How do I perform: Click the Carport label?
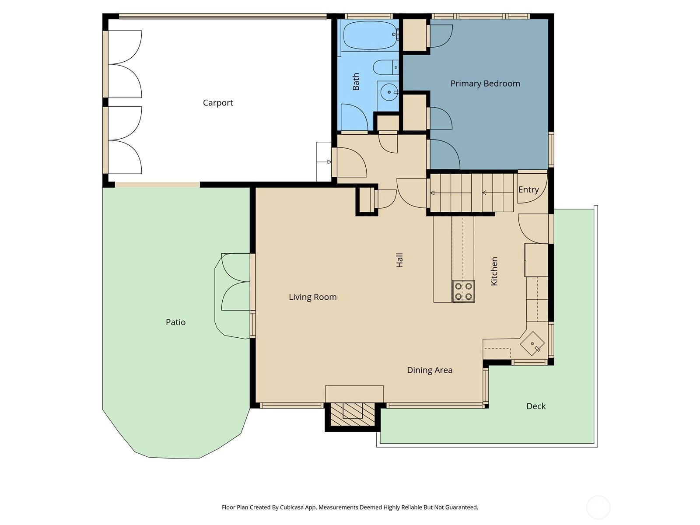pos(218,103)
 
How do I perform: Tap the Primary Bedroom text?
pos(485,84)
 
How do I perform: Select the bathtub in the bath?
pos(371,35)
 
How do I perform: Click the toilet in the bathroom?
pos(386,67)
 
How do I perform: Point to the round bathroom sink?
pos(389,92)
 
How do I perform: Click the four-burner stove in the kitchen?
pos(463,291)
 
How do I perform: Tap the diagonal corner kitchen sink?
pos(532,343)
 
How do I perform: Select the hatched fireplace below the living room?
pos(352,414)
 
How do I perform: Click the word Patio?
pos(175,322)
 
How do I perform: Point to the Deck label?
pos(536,406)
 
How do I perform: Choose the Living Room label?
pos(312,297)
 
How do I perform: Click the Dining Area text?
pos(430,370)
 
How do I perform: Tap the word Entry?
pos(528,190)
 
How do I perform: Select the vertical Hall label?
pos(399,260)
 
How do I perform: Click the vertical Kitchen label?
pos(494,271)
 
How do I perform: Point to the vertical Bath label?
pos(356,82)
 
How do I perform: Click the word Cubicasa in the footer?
pos(292,507)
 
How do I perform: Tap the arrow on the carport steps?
pos(324,162)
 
